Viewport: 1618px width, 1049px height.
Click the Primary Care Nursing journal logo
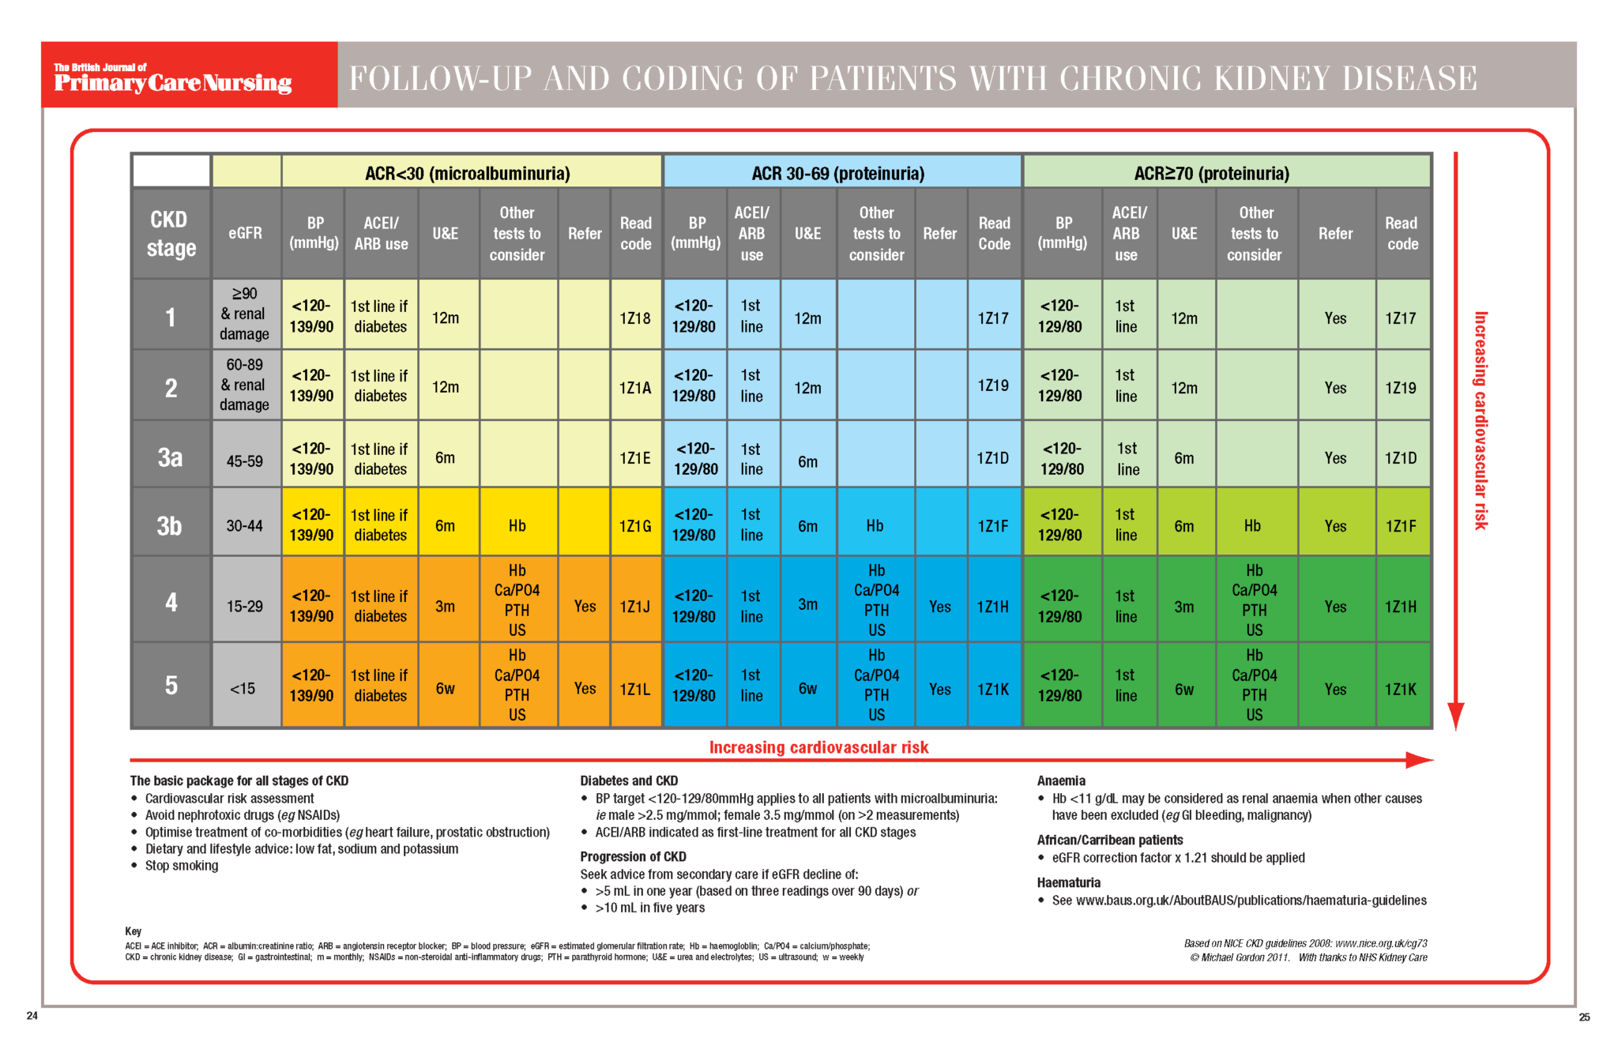click(x=173, y=78)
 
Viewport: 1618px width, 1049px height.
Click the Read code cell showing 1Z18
click(x=635, y=318)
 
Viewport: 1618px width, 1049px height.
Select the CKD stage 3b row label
click(x=170, y=525)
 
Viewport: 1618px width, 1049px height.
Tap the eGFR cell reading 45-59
click(x=245, y=461)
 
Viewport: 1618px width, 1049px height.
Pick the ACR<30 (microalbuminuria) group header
click(x=468, y=173)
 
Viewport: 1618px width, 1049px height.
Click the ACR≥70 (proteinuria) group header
click(x=1211, y=173)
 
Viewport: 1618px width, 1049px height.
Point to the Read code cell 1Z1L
click(x=635, y=689)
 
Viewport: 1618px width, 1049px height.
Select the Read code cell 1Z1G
click(x=635, y=526)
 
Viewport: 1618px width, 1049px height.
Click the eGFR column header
click(x=245, y=233)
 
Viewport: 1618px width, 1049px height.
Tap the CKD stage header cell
click(x=170, y=233)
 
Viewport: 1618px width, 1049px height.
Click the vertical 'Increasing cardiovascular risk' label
click(x=1481, y=420)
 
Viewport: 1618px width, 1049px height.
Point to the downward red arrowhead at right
click(x=1456, y=716)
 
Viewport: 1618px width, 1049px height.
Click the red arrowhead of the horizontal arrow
click(x=1419, y=760)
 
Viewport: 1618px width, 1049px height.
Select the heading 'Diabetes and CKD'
click(x=629, y=780)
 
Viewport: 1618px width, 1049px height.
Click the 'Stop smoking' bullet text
click(x=182, y=866)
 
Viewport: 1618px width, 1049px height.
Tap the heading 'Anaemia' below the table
click(x=1061, y=780)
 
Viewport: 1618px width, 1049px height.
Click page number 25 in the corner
click(x=1584, y=1017)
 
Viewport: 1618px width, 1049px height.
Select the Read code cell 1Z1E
click(x=635, y=458)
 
